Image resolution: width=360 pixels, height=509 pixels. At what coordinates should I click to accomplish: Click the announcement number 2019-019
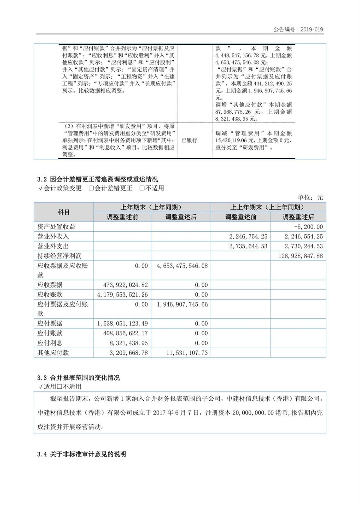click(311, 29)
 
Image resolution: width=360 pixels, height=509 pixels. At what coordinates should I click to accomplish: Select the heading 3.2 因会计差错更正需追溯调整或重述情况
click(97, 179)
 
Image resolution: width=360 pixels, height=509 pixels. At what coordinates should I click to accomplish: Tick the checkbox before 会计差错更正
click(91, 188)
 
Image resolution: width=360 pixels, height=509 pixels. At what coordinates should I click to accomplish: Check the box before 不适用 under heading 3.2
click(142, 188)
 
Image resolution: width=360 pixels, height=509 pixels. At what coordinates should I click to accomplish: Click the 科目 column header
click(64, 212)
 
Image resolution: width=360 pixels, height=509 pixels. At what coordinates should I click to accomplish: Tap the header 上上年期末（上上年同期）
click(268, 207)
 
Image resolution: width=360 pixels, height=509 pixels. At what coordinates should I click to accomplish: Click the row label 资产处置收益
click(56, 227)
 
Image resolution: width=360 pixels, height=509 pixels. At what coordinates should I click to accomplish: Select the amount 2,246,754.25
click(248, 236)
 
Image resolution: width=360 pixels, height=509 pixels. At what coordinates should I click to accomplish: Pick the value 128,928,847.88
click(301, 256)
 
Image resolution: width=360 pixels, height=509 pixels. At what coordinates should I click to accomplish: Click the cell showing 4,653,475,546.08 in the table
click(182, 266)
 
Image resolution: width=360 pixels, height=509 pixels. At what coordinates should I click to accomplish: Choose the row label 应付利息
click(50, 343)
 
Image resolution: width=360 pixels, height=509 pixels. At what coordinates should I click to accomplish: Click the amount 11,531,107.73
click(187, 353)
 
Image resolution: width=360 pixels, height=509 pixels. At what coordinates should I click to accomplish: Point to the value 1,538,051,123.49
click(122, 324)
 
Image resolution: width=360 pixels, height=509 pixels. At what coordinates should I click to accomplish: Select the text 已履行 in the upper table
click(189, 140)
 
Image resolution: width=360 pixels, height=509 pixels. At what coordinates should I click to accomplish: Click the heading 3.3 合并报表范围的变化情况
click(79, 378)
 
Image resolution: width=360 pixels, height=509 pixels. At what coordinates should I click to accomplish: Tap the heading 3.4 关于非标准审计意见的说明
click(82, 454)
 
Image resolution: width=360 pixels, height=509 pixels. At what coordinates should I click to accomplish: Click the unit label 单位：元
click(310, 197)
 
